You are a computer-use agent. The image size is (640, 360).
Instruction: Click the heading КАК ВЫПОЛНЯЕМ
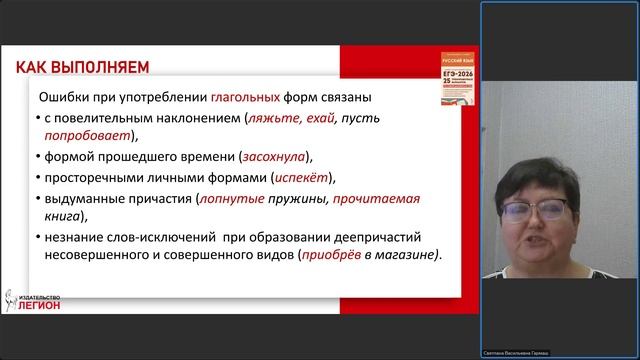pos(82,67)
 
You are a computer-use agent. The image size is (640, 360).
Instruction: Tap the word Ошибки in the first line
pos(60,98)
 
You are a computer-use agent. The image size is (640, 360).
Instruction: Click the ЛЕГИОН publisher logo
pos(36,301)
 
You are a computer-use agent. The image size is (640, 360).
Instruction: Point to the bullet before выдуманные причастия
pos(35,199)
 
